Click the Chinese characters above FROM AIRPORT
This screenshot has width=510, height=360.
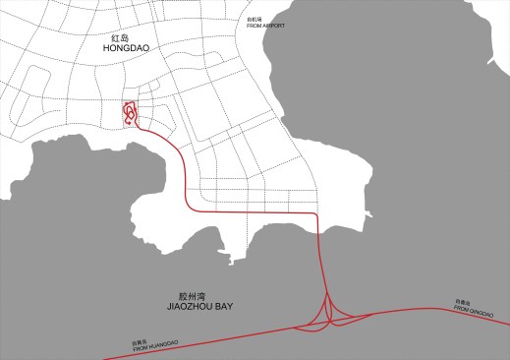tap(255, 20)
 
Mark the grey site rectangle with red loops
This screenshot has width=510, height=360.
tap(130, 114)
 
